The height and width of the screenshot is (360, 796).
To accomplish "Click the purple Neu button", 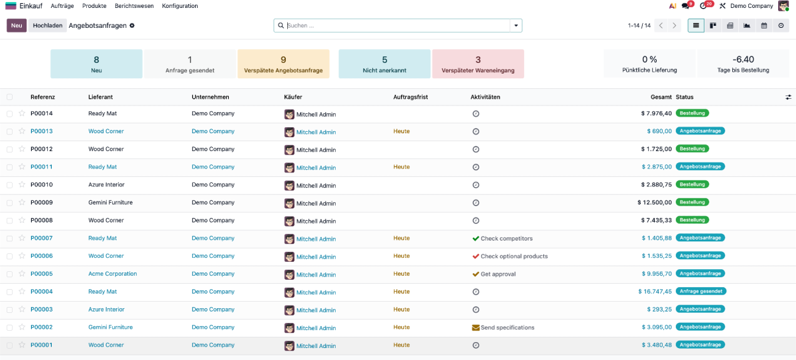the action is (17, 26).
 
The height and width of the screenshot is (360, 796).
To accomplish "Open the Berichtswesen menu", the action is (134, 6).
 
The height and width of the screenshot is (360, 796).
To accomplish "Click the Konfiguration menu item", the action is (180, 6).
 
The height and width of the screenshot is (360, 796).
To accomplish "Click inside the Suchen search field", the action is (397, 26).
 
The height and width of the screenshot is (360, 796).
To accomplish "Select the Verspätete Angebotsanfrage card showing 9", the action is (283, 64).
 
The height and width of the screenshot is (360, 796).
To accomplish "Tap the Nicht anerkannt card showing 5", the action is (384, 64).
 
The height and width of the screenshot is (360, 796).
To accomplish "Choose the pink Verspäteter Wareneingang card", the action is (478, 64).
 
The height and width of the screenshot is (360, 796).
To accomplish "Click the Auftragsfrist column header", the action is (411, 97).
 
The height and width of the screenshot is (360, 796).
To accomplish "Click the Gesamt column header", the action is (661, 97).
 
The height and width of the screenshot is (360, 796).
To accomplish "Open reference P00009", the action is (42, 202).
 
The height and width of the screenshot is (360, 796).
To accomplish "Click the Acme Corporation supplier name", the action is (112, 274).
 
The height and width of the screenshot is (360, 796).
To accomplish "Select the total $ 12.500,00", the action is (655, 202).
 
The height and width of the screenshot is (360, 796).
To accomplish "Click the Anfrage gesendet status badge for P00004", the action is (700, 291).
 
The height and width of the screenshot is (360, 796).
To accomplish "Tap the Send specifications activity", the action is (507, 328).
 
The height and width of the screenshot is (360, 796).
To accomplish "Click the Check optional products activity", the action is (514, 256).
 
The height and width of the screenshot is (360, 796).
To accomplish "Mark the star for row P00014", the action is (22, 113).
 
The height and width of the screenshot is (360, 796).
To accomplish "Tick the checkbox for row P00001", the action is (9, 345).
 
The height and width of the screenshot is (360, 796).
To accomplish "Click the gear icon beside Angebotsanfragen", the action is (132, 26).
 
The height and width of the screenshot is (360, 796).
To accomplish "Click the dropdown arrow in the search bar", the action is (516, 26).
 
